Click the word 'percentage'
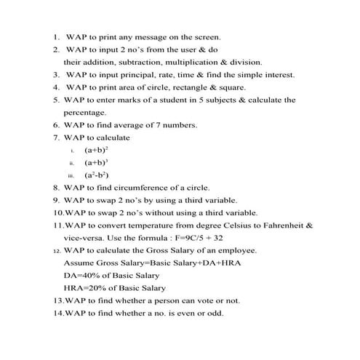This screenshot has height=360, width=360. coord(84,113)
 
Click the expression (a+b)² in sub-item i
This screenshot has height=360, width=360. coord(96,150)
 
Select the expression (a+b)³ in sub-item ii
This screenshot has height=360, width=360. coord(96,162)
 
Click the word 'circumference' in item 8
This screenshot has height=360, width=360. coord(151,188)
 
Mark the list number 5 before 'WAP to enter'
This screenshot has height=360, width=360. coord(55,100)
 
